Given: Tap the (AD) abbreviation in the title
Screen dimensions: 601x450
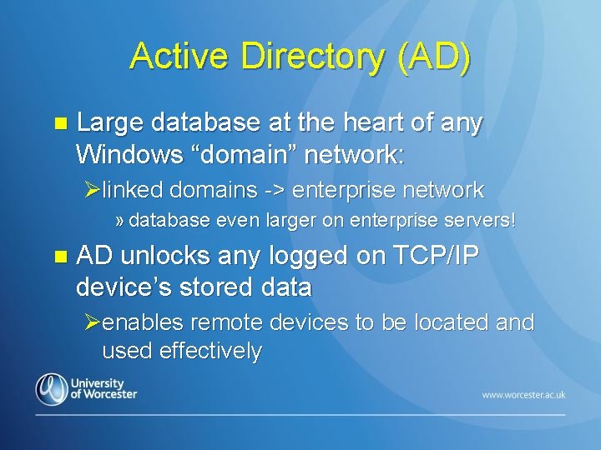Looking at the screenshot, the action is click(434, 57).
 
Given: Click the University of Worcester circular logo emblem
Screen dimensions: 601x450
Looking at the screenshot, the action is click(52, 388).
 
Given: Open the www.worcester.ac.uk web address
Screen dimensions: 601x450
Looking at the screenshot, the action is click(523, 394).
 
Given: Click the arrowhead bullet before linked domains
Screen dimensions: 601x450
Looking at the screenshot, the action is click(92, 191).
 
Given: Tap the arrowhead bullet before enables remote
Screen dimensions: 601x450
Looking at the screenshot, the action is click(92, 322).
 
